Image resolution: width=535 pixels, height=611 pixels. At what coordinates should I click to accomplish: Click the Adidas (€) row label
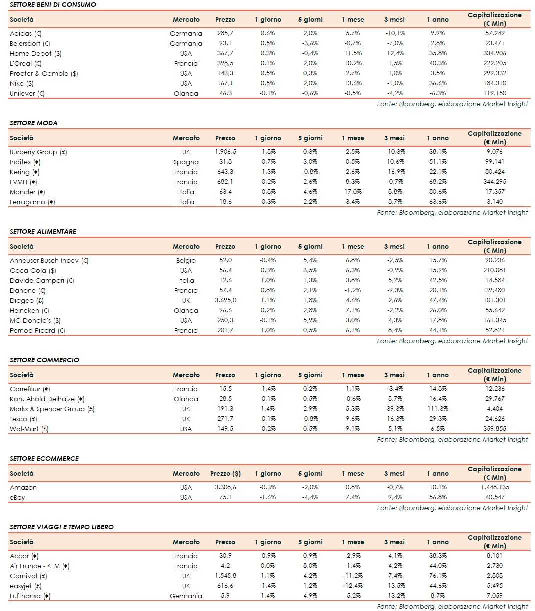(25, 33)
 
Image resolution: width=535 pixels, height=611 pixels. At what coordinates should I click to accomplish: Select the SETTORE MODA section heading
(33, 123)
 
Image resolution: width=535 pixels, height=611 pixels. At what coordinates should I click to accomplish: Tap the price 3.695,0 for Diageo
(225, 300)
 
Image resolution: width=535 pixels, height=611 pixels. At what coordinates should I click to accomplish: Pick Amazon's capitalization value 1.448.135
(495, 487)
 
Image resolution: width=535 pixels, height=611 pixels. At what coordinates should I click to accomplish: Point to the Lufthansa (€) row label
(30, 596)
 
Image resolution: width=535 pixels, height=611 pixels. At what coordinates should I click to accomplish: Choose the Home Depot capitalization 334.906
(495, 53)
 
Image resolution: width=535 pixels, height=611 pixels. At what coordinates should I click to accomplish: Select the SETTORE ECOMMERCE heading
(44, 458)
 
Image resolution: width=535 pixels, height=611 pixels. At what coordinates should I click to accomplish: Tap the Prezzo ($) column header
(225, 473)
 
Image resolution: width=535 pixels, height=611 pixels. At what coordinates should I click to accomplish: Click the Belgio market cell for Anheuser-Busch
(186, 260)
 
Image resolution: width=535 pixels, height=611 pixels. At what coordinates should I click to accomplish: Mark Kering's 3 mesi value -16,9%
(395, 172)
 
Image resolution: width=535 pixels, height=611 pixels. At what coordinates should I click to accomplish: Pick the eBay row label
(17, 497)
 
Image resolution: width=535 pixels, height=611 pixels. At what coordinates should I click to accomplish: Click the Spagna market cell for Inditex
(186, 162)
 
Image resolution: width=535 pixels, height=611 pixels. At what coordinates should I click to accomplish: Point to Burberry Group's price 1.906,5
(225, 152)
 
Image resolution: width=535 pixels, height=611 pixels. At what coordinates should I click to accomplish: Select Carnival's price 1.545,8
(225, 576)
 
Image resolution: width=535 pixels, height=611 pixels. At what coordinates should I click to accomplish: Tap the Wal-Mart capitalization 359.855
(495, 429)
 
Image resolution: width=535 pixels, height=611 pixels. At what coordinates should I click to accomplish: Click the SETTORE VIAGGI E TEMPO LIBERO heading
(62, 527)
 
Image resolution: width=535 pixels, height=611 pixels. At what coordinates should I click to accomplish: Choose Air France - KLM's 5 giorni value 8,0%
(310, 566)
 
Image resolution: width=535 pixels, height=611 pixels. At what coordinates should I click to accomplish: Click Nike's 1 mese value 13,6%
(353, 83)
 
